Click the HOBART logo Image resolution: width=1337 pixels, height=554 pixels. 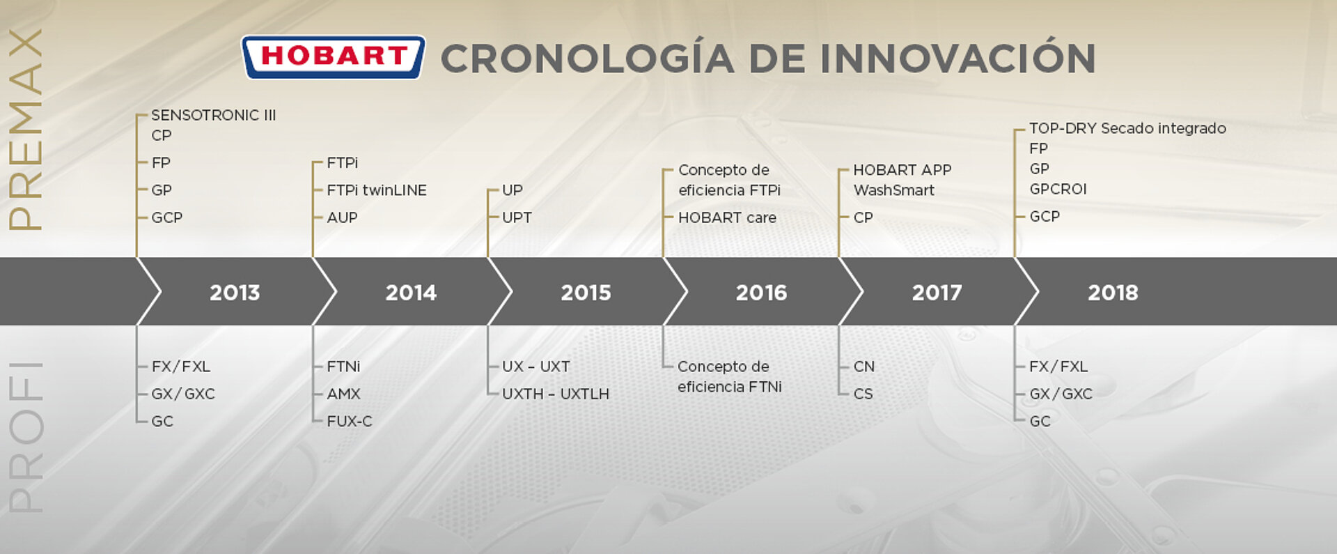tap(333, 56)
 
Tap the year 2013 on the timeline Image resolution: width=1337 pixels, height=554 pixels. tap(235, 293)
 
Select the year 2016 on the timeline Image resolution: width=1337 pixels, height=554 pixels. tap(761, 293)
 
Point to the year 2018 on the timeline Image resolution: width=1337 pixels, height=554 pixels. tap(1113, 293)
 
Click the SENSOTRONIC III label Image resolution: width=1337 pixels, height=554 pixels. tap(214, 115)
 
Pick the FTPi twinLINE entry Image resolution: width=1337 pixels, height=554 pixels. tap(377, 190)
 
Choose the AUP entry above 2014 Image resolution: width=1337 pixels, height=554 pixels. tap(342, 217)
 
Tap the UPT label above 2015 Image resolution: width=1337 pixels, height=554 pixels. tap(517, 217)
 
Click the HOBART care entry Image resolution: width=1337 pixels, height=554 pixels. tap(727, 217)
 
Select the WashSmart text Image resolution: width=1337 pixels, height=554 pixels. tap(894, 190)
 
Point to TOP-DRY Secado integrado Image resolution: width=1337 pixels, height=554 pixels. tap(1127, 128)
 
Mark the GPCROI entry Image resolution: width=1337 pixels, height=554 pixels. tap(1058, 189)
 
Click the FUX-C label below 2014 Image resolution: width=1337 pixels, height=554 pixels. tap(350, 421)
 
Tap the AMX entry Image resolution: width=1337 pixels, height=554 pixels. tap(343, 394)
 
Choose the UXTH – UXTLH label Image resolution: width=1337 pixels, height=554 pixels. tap(556, 394)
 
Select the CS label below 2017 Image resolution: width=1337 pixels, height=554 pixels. tap(863, 394)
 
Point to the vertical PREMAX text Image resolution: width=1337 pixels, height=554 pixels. tap(26, 130)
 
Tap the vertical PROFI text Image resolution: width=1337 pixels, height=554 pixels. tap(26, 438)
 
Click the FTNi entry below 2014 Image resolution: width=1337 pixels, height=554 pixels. tap(343, 367)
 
